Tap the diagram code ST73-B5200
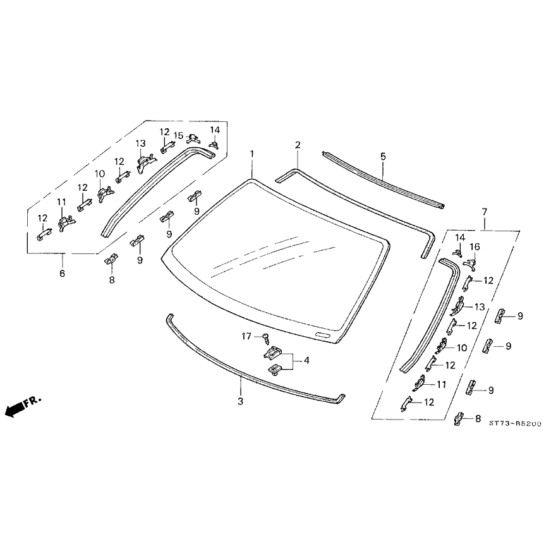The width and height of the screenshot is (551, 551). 514,425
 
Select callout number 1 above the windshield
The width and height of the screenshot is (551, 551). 251,154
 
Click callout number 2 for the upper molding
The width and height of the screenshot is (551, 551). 297,146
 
